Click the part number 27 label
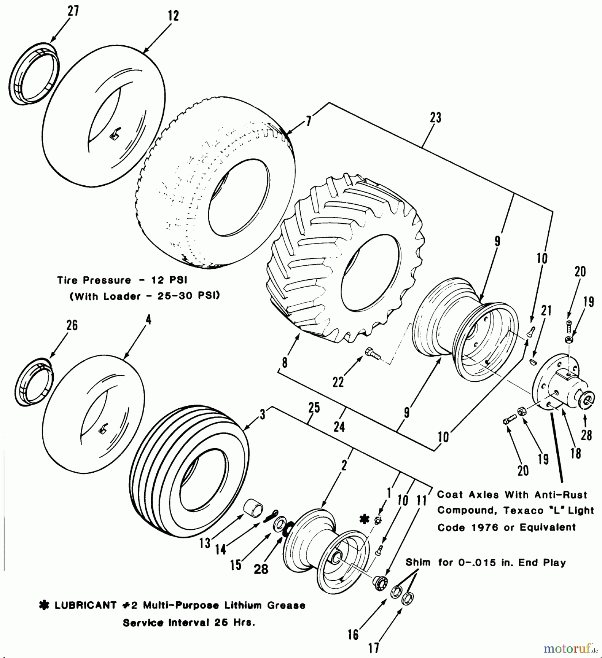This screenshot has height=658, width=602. (73, 11)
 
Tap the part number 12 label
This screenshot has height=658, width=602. (174, 16)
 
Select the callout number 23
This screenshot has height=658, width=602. (435, 118)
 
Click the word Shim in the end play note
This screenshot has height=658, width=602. (418, 562)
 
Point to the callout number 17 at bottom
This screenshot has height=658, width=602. (373, 648)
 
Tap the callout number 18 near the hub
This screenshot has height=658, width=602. (576, 453)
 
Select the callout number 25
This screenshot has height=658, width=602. (314, 408)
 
